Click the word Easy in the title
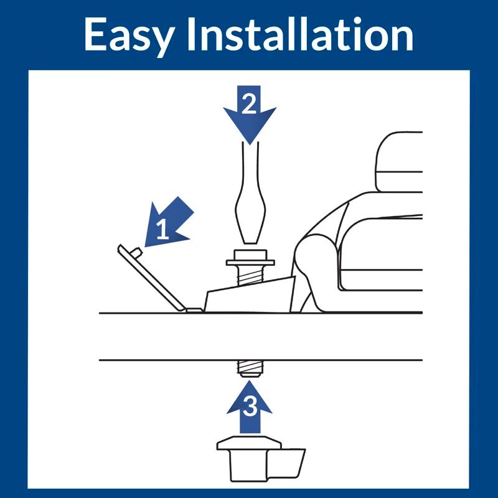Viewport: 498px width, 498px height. [x=129, y=35]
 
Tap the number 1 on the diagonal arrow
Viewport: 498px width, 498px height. [x=162, y=229]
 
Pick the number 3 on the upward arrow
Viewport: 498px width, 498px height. [x=250, y=406]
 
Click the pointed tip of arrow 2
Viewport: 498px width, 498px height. [x=250, y=144]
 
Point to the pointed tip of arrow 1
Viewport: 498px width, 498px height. [x=146, y=246]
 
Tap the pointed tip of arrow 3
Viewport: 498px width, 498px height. [x=250, y=381]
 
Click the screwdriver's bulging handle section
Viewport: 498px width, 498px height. [x=250, y=211]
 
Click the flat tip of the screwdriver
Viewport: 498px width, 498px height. [x=250, y=242]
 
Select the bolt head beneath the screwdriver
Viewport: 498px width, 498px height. [x=250, y=255]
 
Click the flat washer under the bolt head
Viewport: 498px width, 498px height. [x=250, y=263]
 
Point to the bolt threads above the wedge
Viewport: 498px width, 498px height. [x=250, y=275]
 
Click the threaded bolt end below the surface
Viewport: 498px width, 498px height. [x=250, y=369]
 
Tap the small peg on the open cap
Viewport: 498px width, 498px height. [x=137, y=253]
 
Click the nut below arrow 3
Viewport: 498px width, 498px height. [x=250, y=460]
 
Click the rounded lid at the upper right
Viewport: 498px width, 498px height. [x=399, y=162]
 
